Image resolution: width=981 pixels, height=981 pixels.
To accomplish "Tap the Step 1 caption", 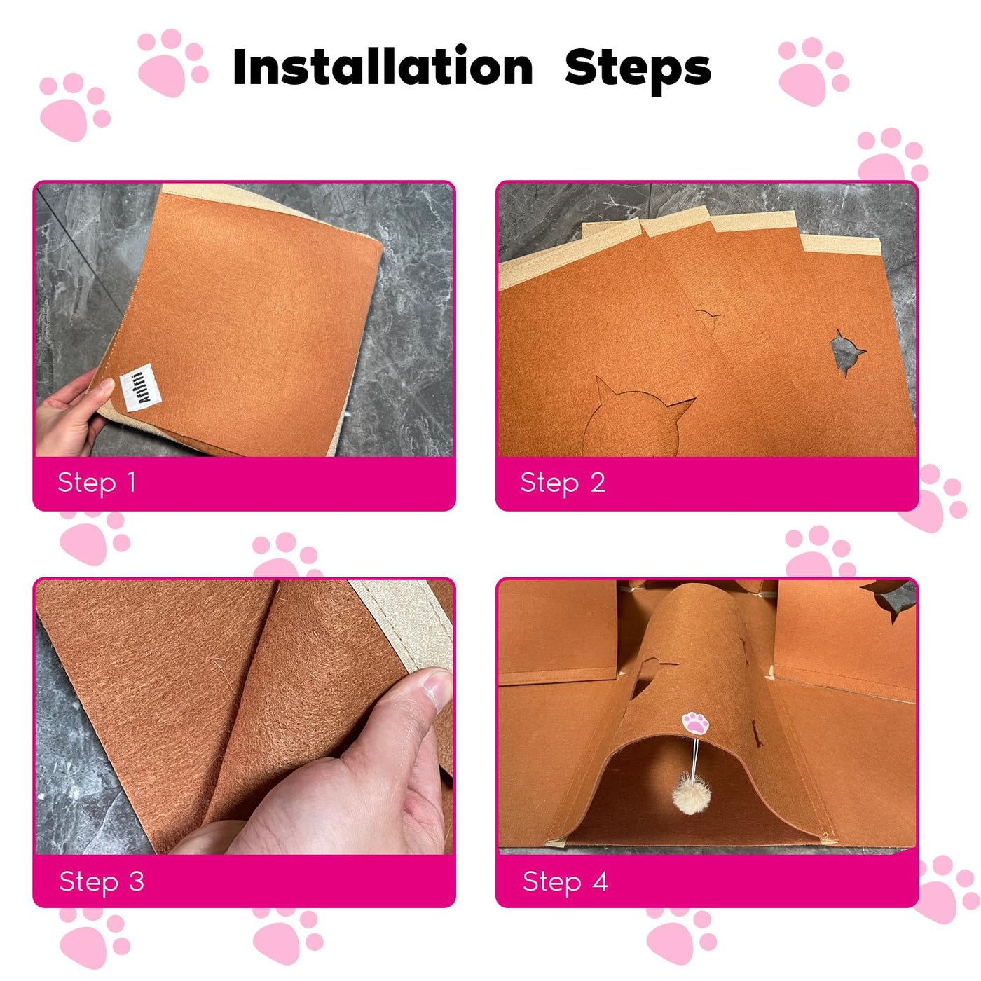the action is tap(97, 483).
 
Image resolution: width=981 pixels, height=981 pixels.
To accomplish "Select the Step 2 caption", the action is tap(563, 483).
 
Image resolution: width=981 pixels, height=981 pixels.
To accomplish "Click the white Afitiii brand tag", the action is tap(141, 387).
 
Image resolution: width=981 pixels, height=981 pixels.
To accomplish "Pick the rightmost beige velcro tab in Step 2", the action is tap(840, 245).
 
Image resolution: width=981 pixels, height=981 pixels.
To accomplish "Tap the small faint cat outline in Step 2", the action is tap(708, 315).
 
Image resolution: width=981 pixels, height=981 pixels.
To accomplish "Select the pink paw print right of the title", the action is tap(813, 71).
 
